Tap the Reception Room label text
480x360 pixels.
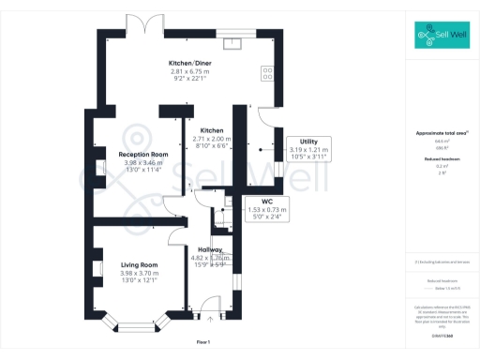pos(143,154)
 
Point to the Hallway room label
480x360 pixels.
pos(210,249)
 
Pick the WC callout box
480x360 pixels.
pos(267,208)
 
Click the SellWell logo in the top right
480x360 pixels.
pos(442,37)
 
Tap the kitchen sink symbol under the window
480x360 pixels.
pos(232,41)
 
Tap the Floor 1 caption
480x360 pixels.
pos(203,342)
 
